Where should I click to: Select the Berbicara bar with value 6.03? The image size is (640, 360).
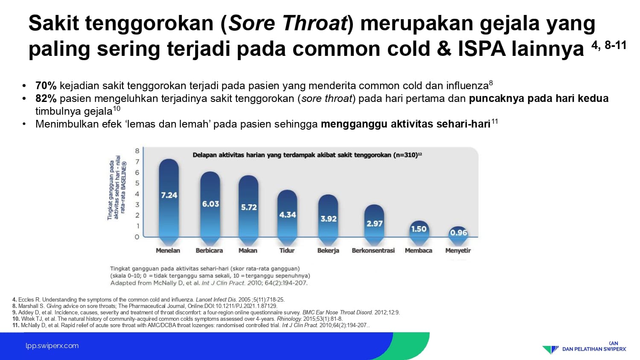click(210, 208)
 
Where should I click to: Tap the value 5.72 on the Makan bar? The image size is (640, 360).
click(249, 207)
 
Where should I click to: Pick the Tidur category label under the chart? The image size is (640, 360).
click(287, 250)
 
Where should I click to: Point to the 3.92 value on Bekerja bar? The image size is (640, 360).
click(329, 219)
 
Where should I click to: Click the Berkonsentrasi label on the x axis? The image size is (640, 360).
click(373, 250)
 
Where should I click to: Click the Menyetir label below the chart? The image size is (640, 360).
click(458, 250)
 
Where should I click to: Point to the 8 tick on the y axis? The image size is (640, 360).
click(137, 151)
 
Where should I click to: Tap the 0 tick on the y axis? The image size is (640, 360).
click(137, 237)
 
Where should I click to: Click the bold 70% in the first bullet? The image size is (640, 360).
click(46, 85)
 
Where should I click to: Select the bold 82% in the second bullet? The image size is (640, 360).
click(46, 98)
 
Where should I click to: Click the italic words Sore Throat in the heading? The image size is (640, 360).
click(288, 23)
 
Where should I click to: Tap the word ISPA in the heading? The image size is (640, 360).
click(481, 48)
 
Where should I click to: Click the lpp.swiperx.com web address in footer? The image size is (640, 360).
click(52, 346)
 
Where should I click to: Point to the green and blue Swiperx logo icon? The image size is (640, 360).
click(550, 349)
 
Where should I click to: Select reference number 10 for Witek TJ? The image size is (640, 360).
click(16, 319)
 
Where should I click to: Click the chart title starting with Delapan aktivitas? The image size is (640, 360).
click(307, 155)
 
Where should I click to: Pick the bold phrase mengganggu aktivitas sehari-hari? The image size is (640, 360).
click(406, 124)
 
